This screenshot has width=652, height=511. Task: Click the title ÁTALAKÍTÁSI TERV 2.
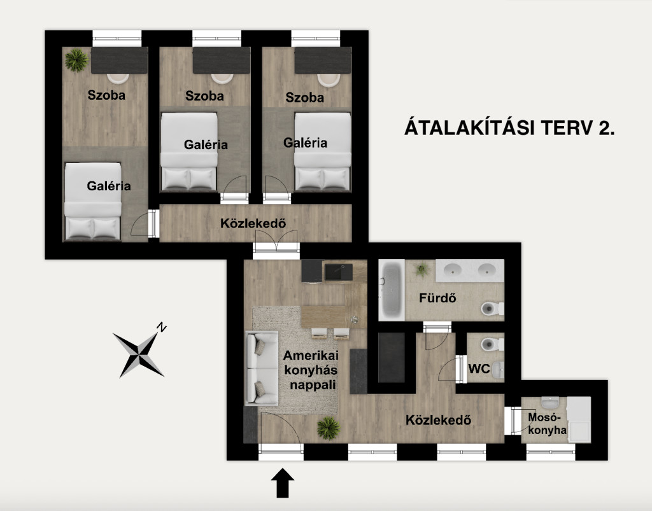click(x=509, y=127)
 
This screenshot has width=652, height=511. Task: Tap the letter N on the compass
click(x=162, y=327)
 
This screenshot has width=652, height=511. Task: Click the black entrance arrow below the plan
click(x=283, y=483)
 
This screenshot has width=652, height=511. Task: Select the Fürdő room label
click(x=437, y=298)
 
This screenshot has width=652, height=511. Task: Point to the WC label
click(x=479, y=368)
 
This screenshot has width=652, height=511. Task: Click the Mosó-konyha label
click(x=547, y=424)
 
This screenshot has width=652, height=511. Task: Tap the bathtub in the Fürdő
click(x=392, y=290)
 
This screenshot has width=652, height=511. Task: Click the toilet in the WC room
click(x=492, y=344)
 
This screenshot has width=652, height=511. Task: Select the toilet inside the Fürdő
click(x=492, y=309)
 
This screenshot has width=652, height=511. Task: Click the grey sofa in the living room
click(x=262, y=368)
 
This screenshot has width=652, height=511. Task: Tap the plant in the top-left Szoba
click(x=76, y=60)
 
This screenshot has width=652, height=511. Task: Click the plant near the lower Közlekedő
click(x=329, y=428)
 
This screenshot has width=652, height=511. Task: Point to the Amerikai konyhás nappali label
click(x=311, y=370)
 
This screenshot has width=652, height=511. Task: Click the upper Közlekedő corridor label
click(x=253, y=223)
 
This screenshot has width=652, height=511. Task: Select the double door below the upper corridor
click(x=276, y=243)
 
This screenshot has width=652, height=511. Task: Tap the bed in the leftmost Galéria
click(x=93, y=202)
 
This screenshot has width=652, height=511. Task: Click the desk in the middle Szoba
click(x=221, y=60)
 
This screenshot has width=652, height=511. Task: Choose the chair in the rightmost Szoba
click(x=329, y=80)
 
